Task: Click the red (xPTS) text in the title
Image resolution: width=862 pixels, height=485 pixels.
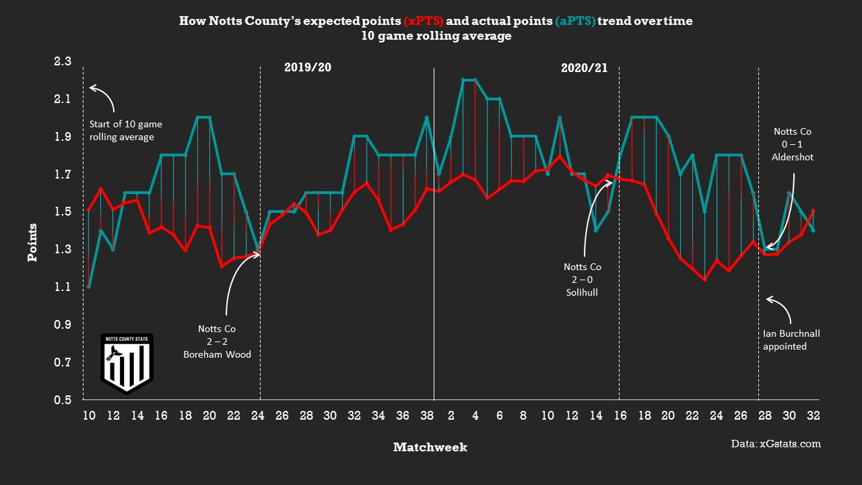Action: tap(423, 22)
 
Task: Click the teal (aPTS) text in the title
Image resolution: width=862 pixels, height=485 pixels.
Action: tap(575, 22)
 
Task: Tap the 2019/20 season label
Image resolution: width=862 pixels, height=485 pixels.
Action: tap(308, 67)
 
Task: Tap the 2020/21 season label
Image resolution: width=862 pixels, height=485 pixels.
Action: tap(584, 67)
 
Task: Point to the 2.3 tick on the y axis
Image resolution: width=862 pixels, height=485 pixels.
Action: tap(62, 62)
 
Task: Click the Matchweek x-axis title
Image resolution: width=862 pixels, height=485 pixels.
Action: tap(430, 447)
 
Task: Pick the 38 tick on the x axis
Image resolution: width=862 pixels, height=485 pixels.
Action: tap(426, 416)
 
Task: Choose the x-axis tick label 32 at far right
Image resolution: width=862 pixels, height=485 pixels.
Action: tap(813, 416)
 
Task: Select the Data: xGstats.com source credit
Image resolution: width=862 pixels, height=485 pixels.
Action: tap(776, 444)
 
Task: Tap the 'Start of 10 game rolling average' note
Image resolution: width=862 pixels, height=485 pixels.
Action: tap(125, 131)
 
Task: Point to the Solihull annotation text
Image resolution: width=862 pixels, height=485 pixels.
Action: tap(582, 280)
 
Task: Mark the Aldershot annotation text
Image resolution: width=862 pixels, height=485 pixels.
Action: tap(793, 144)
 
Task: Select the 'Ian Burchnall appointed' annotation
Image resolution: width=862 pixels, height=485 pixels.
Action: tap(791, 340)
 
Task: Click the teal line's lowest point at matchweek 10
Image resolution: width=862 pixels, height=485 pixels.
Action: tap(88, 287)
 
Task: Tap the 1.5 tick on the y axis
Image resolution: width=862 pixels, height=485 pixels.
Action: tap(62, 212)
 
